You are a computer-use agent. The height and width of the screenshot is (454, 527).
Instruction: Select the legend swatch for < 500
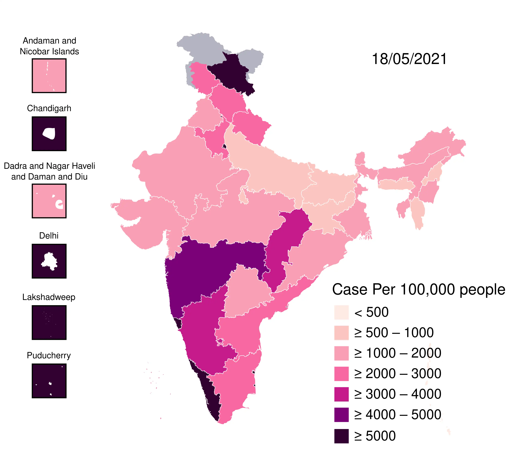(x=341, y=312)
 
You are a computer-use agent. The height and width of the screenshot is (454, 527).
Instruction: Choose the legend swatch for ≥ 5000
(x=341, y=436)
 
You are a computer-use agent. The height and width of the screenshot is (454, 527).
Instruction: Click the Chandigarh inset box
(x=49, y=134)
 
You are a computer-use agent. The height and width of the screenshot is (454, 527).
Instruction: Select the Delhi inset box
(x=49, y=261)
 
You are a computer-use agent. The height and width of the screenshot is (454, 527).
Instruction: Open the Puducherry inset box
(x=49, y=381)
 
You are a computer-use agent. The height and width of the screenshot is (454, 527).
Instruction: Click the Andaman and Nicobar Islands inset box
(x=49, y=76)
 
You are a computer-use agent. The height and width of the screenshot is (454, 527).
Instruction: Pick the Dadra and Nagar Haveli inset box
(x=49, y=201)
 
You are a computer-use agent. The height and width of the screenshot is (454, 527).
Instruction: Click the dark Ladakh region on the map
(x=230, y=74)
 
